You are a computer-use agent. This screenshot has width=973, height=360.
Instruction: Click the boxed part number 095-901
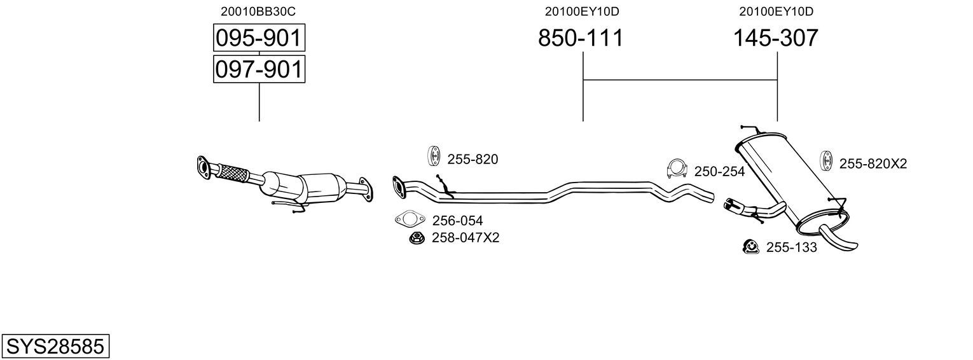pyautogui.click(x=259, y=38)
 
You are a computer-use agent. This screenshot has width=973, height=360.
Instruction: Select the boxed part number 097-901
pyautogui.click(x=259, y=69)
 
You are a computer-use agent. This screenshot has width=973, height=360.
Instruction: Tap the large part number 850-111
pyautogui.click(x=581, y=38)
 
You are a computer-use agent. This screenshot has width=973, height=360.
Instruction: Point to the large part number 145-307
pyautogui.click(x=776, y=38)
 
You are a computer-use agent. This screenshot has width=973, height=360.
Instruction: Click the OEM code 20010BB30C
pyautogui.click(x=258, y=11)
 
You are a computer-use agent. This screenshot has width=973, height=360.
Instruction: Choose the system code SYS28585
pyautogui.click(x=55, y=347)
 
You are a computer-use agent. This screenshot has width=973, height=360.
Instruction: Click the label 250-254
pyautogui.click(x=719, y=172)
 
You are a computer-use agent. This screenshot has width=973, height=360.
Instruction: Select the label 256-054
pyautogui.click(x=457, y=221)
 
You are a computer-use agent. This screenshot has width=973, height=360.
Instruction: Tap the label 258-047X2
pyautogui.click(x=466, y=237)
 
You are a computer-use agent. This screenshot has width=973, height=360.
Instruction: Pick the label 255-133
pyautogui.click(x=791, y=247)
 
